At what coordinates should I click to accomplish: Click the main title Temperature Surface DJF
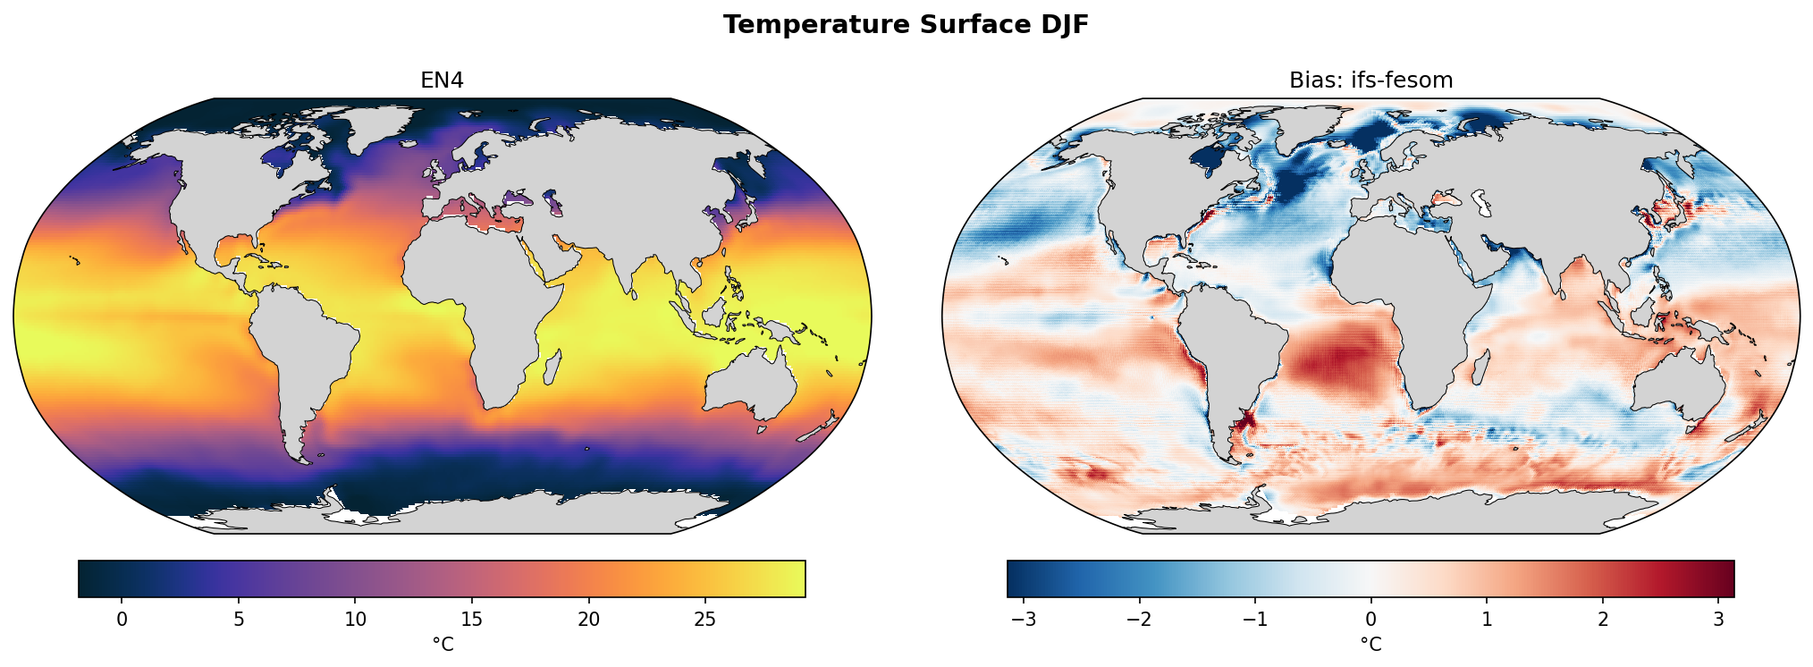pyautogui.click(x=906, y=25)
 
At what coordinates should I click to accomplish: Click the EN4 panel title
pyautogui.click(x=442, y=80)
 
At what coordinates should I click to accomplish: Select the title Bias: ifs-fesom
pyautogui.click(x=1370, y=80)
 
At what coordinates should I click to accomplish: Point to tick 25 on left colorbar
pyautogui.click(x=704, y=619)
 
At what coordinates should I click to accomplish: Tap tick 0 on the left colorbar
pyautogui.click(x=122, y=619)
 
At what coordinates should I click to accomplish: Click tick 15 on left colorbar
pyautogui.click(x=472, y=619)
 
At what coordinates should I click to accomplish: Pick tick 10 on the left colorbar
pyautogui.click(x=356, y=619)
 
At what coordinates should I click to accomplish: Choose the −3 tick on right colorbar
pyautogui.click(x=1024, y=619)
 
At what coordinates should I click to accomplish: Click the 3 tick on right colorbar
pyautogui.click(x=1718, y=619)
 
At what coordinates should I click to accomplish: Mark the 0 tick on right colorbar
pyautogui.click(x=1370, y=619)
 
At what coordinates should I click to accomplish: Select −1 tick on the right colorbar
pyautogui.click(x=1254, y=619)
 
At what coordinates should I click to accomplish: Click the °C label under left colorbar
pyautogui.click(x=443, y=645)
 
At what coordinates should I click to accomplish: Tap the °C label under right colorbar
pyautogui.click(x=1370, y=645)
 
